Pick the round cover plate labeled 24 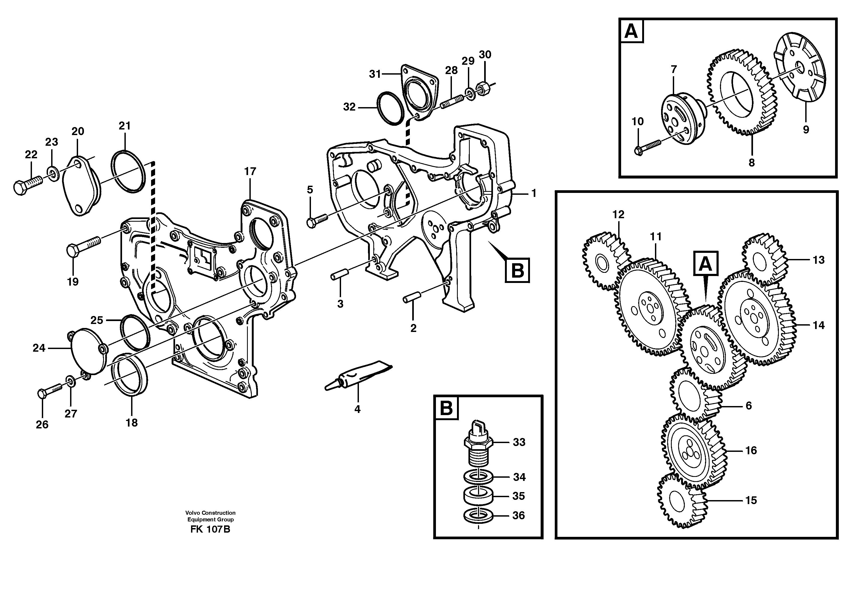point(88,351)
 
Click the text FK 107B point(210,529)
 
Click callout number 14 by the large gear point(818,325)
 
